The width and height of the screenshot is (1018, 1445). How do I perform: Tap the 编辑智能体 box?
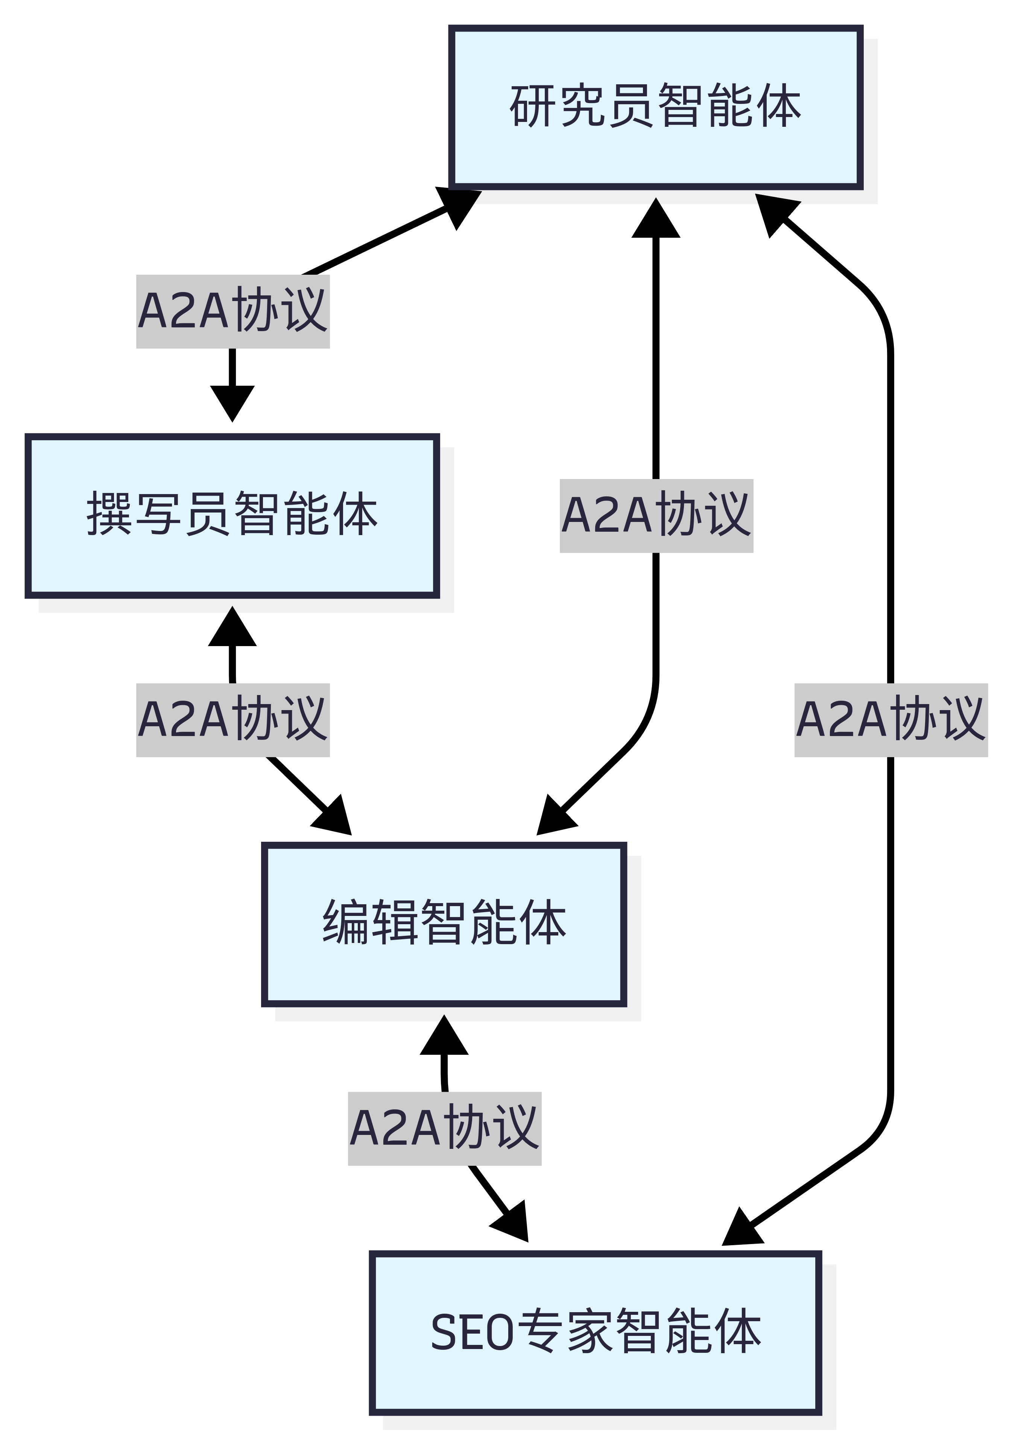click(444, 924)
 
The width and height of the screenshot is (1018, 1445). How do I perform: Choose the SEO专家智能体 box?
click(595, 1332)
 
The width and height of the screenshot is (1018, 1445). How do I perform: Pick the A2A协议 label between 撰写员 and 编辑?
click(233, 719)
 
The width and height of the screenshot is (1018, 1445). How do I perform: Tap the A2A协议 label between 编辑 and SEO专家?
click(444, 1129)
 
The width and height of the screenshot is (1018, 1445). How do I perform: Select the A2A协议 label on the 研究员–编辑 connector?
click(656, 516)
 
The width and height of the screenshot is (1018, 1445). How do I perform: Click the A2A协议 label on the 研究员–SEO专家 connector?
click(891, 719)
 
